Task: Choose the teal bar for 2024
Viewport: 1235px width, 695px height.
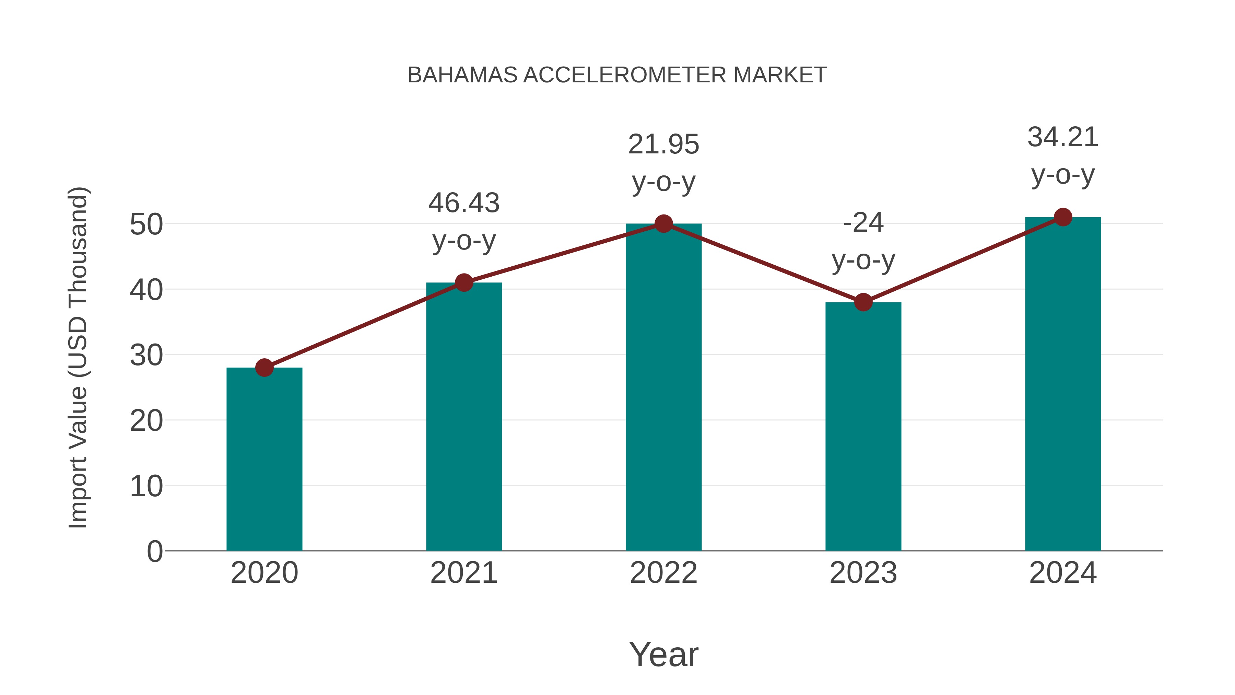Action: [1063, 384]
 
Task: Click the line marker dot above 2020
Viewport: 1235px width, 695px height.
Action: [264, 368]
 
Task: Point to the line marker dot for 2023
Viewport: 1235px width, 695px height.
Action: [863, 302]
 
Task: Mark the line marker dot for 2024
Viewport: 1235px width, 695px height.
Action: [1063, 217]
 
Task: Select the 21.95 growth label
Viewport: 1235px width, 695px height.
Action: [663, 163]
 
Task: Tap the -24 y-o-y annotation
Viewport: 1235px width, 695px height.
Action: [863, 241]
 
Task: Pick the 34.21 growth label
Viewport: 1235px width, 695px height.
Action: [1063, 156]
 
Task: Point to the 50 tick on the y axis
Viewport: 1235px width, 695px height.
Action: [146, 224]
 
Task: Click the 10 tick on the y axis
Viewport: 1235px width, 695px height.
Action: [146, 486]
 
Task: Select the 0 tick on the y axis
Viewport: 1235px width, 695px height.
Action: [155, 552]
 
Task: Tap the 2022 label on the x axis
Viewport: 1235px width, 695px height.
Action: [663, 573]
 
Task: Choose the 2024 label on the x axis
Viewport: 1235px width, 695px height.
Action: [1063, 573]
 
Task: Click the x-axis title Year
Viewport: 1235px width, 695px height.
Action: [663, 654]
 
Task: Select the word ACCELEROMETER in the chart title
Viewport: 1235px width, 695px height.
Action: [625, 75]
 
